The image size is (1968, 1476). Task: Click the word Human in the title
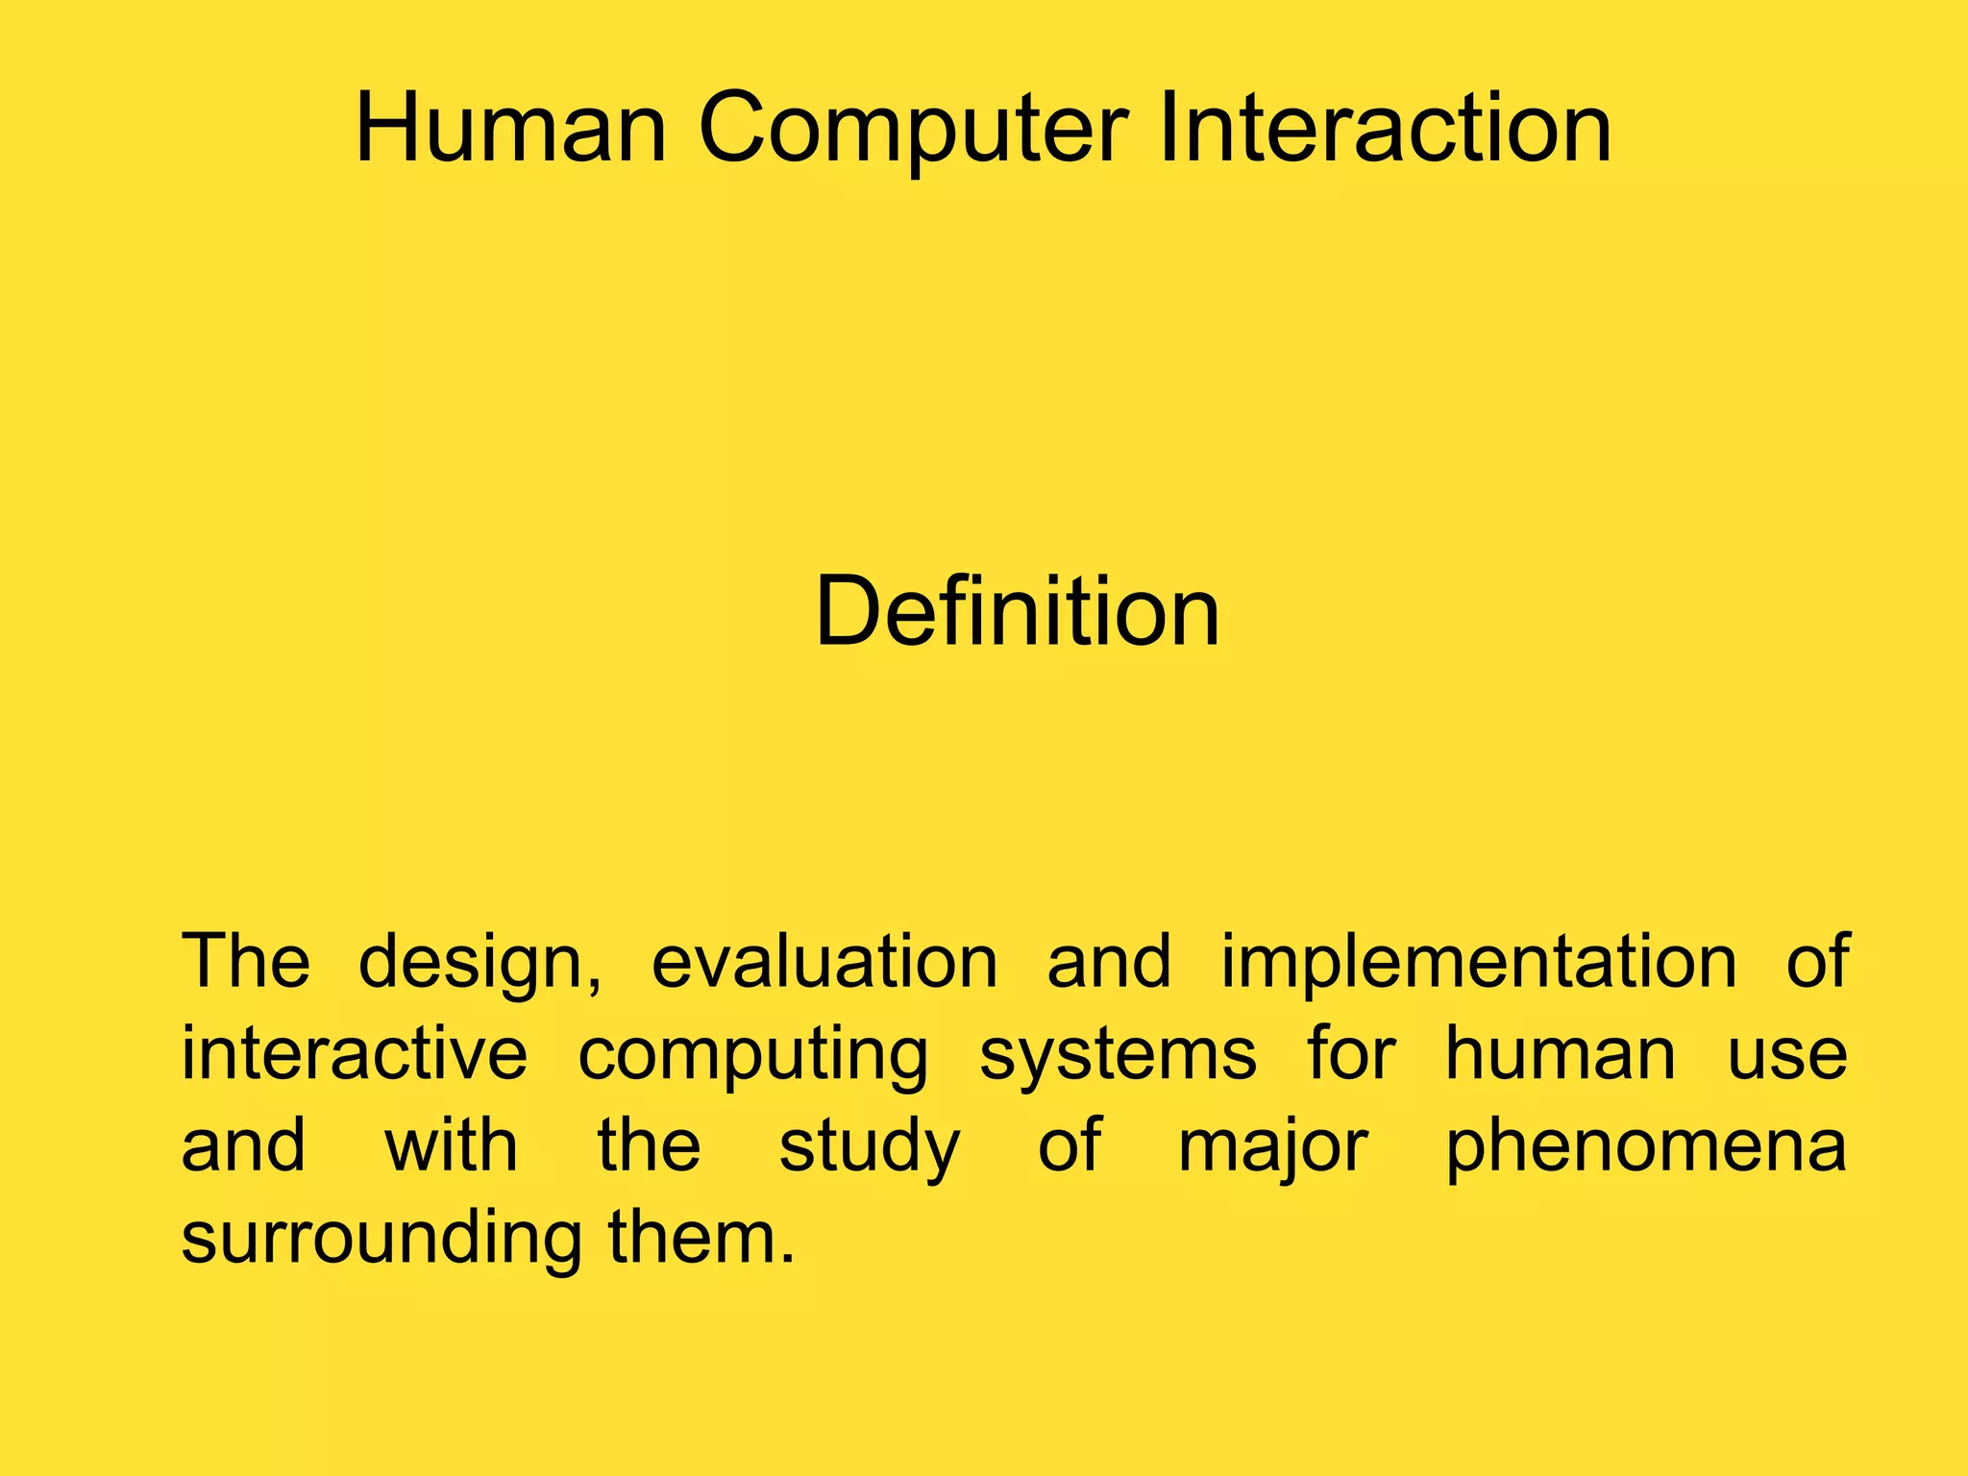(510, 129)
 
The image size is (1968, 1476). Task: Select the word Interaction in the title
(1385, 129)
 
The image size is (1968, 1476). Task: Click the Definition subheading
(1017, 612)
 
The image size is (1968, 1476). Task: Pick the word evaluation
(824, 962)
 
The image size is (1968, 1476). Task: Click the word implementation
(1479, 964)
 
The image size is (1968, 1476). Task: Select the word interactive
(355, 1054)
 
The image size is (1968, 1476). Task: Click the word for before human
(1351, 1054)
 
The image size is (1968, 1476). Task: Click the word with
(452, 1145)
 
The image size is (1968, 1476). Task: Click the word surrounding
(381, 1238)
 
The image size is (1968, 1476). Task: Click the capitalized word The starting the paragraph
(246, 962)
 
